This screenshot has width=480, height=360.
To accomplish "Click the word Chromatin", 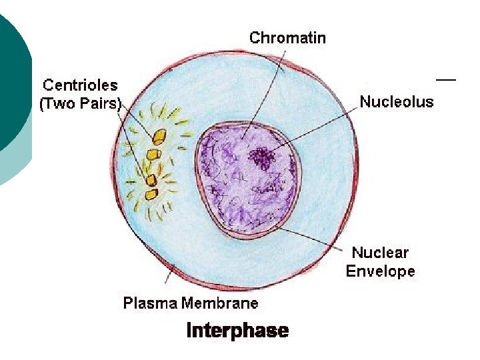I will coord(287,37).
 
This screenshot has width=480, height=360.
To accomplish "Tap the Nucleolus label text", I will coord(396,102).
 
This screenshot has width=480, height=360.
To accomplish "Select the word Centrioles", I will coord(80,85).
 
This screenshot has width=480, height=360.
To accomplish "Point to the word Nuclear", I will coord(380,253).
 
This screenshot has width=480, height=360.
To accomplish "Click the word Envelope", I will coord(380,271).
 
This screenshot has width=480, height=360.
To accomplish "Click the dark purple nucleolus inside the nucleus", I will coord(263,158).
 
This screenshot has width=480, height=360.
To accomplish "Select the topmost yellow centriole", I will coord(159,138).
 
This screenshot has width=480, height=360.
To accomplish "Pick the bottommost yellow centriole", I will coord(152,194).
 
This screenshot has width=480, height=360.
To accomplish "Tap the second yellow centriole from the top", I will coord(154,155).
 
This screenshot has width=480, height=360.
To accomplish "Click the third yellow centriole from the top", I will coord(151,180).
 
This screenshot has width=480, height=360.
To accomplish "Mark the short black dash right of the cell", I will coord(446,79).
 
